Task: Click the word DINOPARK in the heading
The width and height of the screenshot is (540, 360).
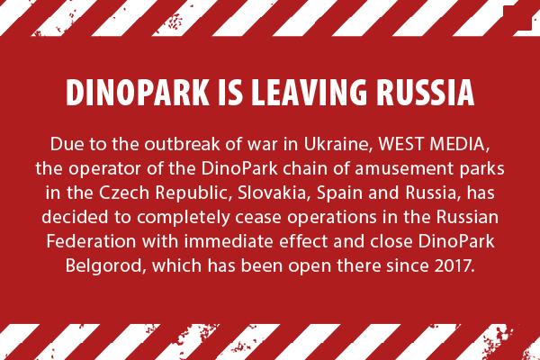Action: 138,93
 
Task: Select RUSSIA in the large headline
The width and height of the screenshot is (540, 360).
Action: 426,93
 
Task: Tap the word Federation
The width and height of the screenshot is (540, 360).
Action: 91,241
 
